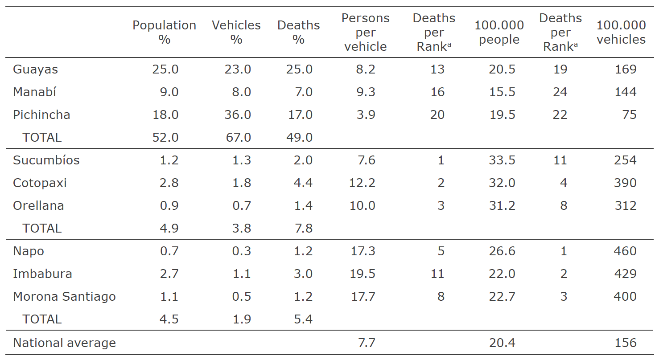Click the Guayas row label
coord(36,70)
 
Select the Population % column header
coord(164,32)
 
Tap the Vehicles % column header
coord(236,32)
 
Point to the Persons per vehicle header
coord(365,32)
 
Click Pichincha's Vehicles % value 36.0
coord(238,115)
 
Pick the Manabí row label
coord(34,92)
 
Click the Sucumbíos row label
coord(46,160)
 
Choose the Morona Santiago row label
coord(64,297)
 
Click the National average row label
coord(64,343)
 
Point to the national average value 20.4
coord(502,343)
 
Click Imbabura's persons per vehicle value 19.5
coord(363,274)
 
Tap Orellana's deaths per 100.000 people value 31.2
coord(502,206)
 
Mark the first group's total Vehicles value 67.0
coord(238,138)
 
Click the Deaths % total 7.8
coord(303,229)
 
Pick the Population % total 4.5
coord(169,319)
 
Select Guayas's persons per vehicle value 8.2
coord(366,70)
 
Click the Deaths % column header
coord(298,32)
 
